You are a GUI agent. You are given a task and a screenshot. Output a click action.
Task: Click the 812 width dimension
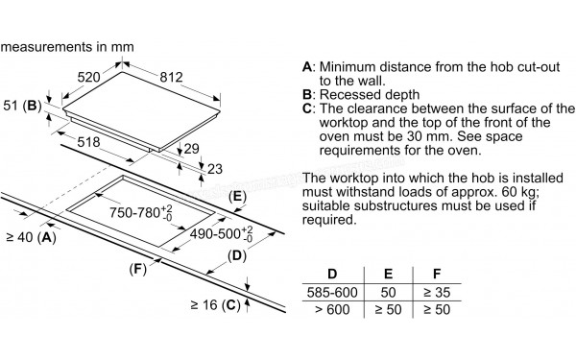171,77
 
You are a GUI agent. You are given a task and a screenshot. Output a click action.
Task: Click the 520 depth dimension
88,77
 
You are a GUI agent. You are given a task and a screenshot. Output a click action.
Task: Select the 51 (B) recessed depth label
22,106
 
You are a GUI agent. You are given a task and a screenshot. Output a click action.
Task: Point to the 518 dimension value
88,142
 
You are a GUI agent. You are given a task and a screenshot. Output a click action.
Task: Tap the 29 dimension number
191,149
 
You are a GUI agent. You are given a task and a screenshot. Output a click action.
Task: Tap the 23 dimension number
215,169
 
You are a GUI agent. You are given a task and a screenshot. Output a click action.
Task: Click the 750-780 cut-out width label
141,212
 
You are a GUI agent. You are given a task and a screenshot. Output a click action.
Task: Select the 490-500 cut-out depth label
222,233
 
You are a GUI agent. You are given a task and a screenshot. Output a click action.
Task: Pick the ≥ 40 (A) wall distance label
32,238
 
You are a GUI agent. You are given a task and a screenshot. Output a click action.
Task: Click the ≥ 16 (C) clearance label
216,305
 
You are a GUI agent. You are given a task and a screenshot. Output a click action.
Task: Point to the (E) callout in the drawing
237,197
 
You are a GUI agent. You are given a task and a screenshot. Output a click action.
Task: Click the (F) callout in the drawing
137,269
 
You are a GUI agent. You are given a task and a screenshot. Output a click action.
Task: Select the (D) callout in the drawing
237,255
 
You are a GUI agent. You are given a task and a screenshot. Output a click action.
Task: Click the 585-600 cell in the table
332,293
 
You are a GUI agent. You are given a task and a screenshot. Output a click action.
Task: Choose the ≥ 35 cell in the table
437,293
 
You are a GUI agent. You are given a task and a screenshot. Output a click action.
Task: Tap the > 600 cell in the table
332,310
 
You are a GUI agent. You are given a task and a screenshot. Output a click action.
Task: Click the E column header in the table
388,274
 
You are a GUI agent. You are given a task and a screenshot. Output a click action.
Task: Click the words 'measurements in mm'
67,47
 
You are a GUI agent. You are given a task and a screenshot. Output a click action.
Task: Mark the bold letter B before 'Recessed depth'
307,95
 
